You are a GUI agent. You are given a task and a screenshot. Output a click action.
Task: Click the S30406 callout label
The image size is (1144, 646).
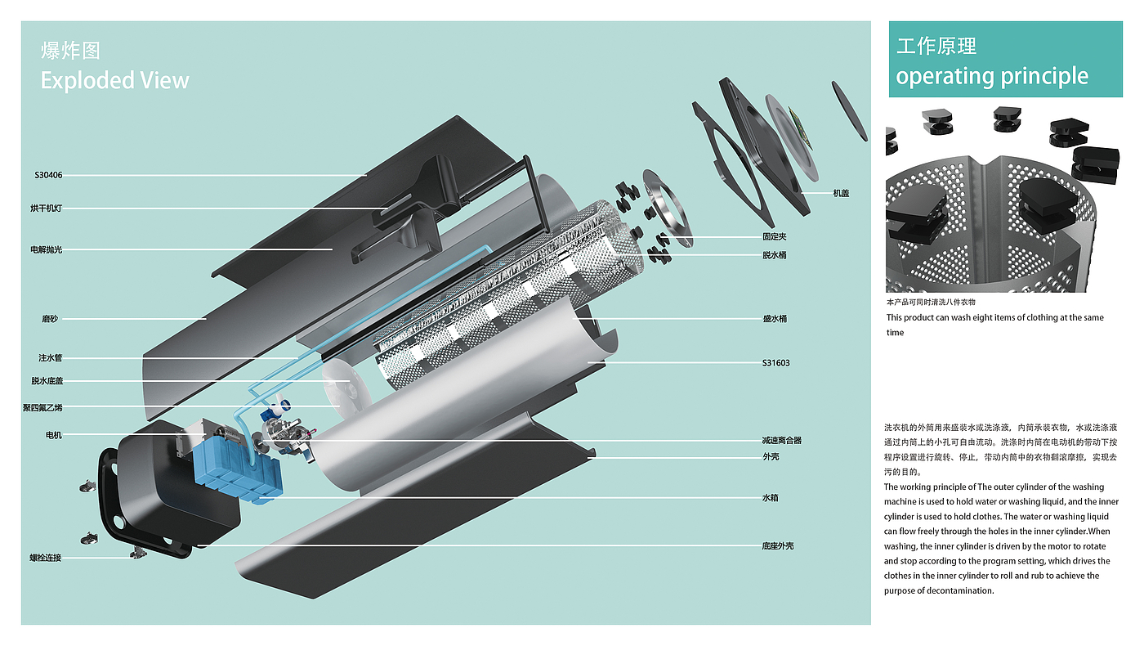coord(48,175)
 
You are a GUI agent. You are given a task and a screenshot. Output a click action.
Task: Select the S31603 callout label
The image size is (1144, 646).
coord(775,363)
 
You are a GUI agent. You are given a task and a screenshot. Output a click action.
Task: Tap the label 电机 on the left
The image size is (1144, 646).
coord(54,435)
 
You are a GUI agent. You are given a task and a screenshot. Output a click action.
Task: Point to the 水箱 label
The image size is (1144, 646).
coord(770,497)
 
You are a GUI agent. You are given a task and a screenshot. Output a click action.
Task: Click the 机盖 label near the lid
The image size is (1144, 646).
coord(841,193)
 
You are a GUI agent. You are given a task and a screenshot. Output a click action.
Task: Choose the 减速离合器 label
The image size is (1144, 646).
coord(782,441)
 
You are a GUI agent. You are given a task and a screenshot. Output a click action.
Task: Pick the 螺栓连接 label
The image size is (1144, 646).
coord(46,558)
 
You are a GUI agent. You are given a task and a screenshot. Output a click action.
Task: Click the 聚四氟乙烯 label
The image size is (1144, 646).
coord(42,408)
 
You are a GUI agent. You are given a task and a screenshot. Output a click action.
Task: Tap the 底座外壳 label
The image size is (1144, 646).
coord(778,546)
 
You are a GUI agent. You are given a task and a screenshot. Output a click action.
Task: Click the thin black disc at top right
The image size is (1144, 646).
coord(849,111)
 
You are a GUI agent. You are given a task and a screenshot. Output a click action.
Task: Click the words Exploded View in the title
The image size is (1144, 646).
coord(115,80)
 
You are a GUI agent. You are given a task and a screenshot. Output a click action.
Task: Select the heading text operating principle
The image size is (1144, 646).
coord(992,77)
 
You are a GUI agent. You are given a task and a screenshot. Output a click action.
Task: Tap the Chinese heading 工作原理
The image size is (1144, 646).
coord(936,46)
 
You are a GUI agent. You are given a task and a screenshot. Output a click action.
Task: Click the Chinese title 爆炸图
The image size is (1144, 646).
coord(70,51)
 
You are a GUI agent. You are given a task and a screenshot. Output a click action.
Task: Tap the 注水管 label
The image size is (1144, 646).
coord(50,358)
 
